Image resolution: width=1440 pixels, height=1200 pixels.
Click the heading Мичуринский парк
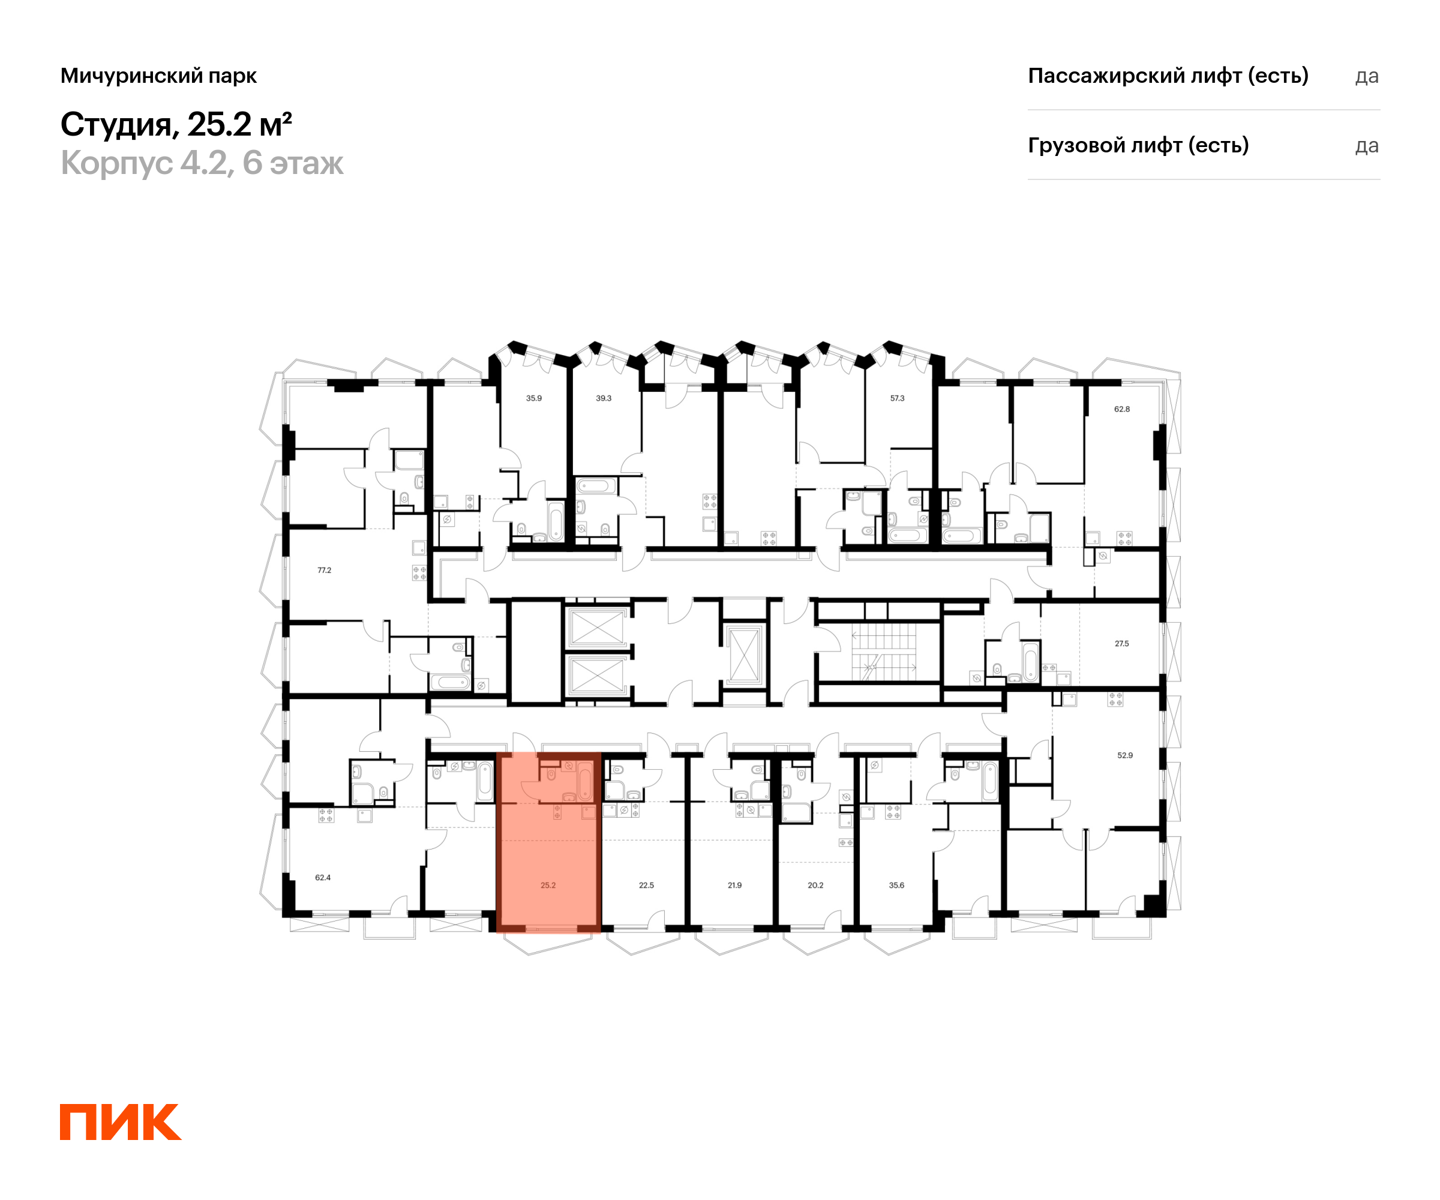point(158,76)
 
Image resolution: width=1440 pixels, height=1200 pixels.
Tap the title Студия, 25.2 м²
point(176,125)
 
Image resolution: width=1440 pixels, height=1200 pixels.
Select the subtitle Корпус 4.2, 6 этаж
point(202,163)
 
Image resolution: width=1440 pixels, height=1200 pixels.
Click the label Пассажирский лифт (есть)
point(1168,76)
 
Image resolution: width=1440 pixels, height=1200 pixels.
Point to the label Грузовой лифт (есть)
point(1138,145)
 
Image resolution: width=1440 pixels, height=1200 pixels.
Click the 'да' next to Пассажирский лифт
point(1366,76)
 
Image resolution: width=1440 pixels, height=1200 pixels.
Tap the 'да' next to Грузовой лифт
point(1366,146)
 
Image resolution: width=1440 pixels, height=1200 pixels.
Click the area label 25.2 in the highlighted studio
point(548,885)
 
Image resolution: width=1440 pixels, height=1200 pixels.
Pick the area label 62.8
point(1122,409)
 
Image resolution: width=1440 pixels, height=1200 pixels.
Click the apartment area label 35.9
point(533,398)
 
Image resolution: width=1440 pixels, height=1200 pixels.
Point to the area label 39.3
point(604,398)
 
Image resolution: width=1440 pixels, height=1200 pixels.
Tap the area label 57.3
point(897,398)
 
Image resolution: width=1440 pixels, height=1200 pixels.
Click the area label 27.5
point(1121,643)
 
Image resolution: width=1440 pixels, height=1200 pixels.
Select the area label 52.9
point(1124,755)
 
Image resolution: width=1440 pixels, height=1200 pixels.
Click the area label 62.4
point(322,877)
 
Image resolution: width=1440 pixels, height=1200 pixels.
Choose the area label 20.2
point(815,885)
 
